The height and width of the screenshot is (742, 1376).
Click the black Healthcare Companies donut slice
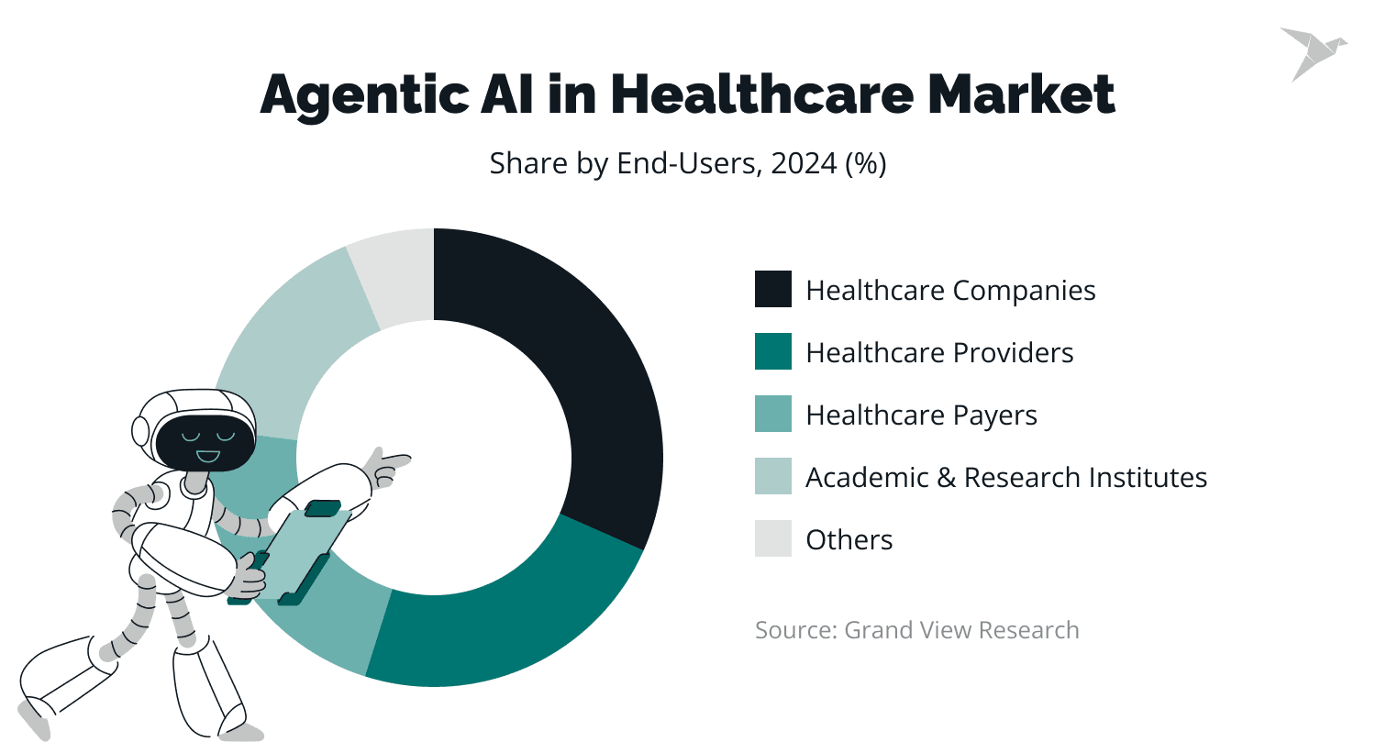(x=587, y=367)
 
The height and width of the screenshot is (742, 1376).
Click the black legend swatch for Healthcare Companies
(x=772, y=289)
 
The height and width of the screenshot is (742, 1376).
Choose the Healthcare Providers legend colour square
(x=772, y=351)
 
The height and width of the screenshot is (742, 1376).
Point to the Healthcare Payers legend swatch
(x=772, y=414)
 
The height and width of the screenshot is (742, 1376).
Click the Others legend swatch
(x=772, y=538)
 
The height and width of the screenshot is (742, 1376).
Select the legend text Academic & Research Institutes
(x=1005, y=477)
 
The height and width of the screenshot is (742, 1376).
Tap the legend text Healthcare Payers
(x=921, y=415)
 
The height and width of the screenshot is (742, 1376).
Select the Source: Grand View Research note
(x=916, y=630)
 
